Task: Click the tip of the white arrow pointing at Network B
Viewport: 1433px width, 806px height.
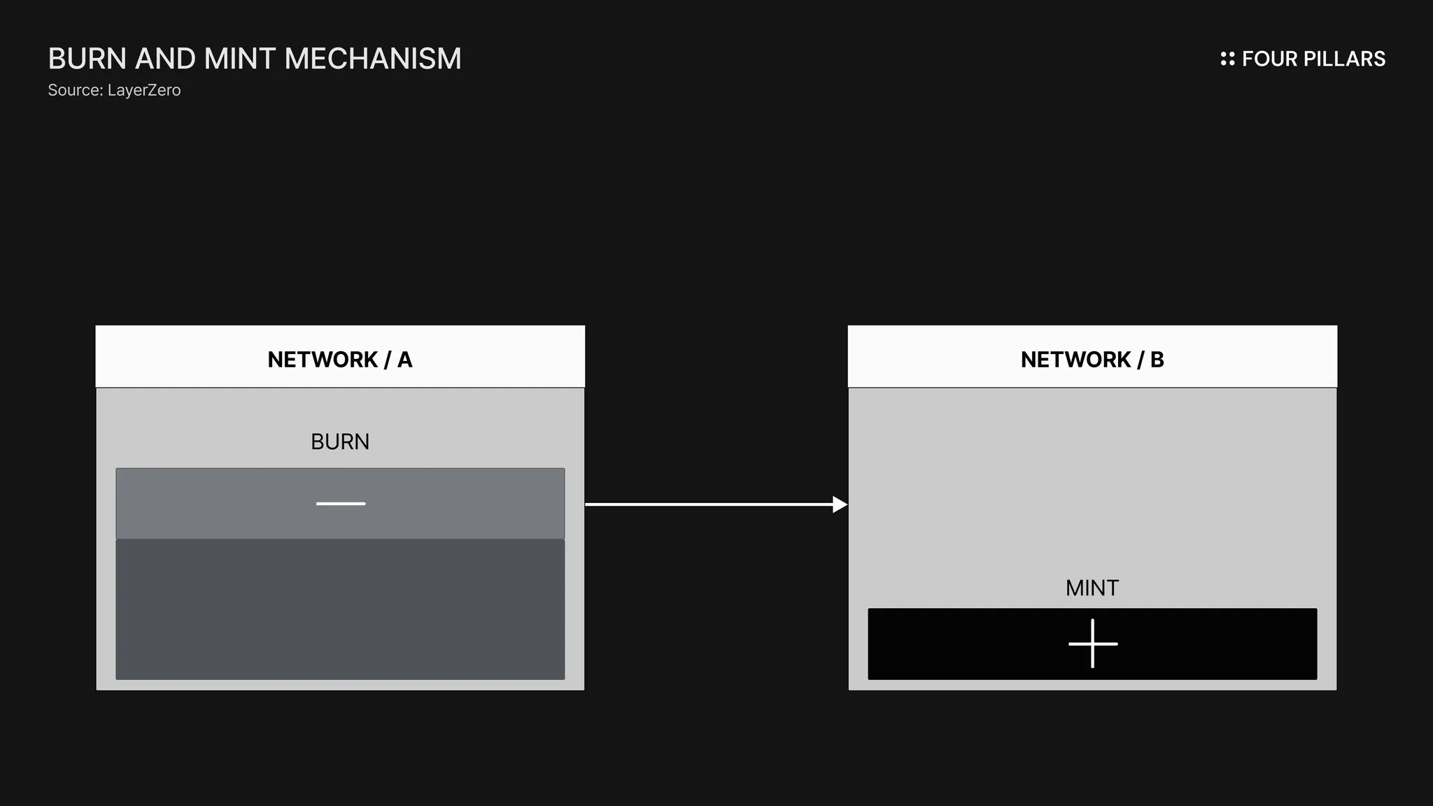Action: tap(847, 504)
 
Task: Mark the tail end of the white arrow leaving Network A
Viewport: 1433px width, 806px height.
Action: tap(586, 504)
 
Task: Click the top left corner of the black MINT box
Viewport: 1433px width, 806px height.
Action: tap(868, 609)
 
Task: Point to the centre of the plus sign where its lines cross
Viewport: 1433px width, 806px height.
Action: tap(1093, 644)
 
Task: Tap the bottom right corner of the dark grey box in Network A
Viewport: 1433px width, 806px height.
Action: tap(565, 679)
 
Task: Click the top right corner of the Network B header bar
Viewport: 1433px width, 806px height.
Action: tap(1337, 326)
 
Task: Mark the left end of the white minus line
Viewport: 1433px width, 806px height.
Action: tap(316, 504)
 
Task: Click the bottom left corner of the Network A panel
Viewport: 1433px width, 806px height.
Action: tap(97, 691)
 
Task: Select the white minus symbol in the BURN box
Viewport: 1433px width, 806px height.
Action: tap(341, 504)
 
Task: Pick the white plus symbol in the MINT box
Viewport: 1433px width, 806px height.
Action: tap(1093, 644)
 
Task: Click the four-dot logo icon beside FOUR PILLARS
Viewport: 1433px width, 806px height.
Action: tap(1227, 59)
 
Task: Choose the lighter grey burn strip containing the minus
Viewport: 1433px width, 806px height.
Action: tap(340, 504)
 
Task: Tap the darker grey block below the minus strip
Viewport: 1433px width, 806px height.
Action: tap(340, 609)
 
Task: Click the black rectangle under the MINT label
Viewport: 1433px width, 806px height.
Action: tap(1093, 644)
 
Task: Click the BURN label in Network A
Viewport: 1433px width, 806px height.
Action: tap(340, 442)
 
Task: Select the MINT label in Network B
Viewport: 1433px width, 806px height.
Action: tap(1092, 588)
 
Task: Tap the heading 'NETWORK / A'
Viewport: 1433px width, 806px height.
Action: tap(340, 360)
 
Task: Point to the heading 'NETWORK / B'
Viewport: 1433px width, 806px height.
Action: tap(1092, 360)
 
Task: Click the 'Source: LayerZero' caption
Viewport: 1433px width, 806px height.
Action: tap(114, 90)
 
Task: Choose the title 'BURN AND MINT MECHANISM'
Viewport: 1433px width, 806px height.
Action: tap(255, 59)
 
